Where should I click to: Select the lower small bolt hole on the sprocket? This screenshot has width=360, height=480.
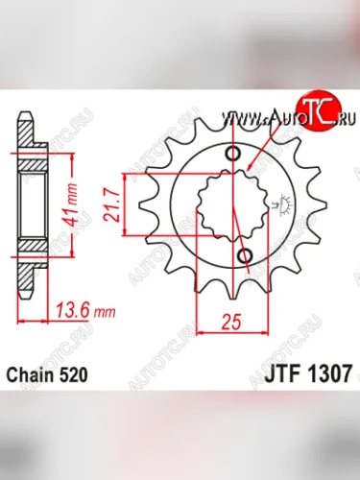tap(244, 256)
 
